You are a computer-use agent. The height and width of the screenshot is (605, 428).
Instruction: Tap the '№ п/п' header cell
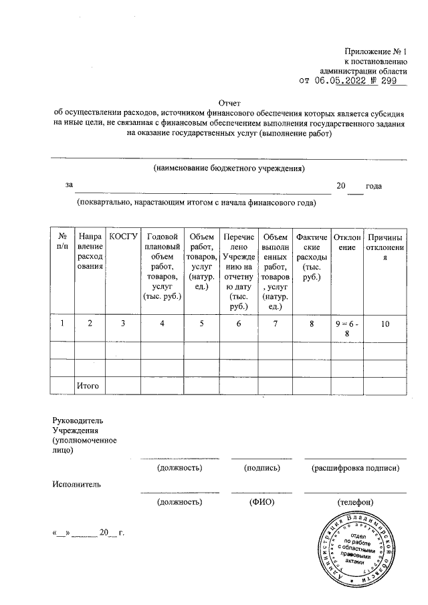click(62, 241)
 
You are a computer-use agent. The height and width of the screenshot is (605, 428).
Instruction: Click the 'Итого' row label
click(88, 386)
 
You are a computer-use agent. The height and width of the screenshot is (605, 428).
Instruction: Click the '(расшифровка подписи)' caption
click(356, 468)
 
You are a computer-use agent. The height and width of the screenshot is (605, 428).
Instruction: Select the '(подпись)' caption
click(261, 468)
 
